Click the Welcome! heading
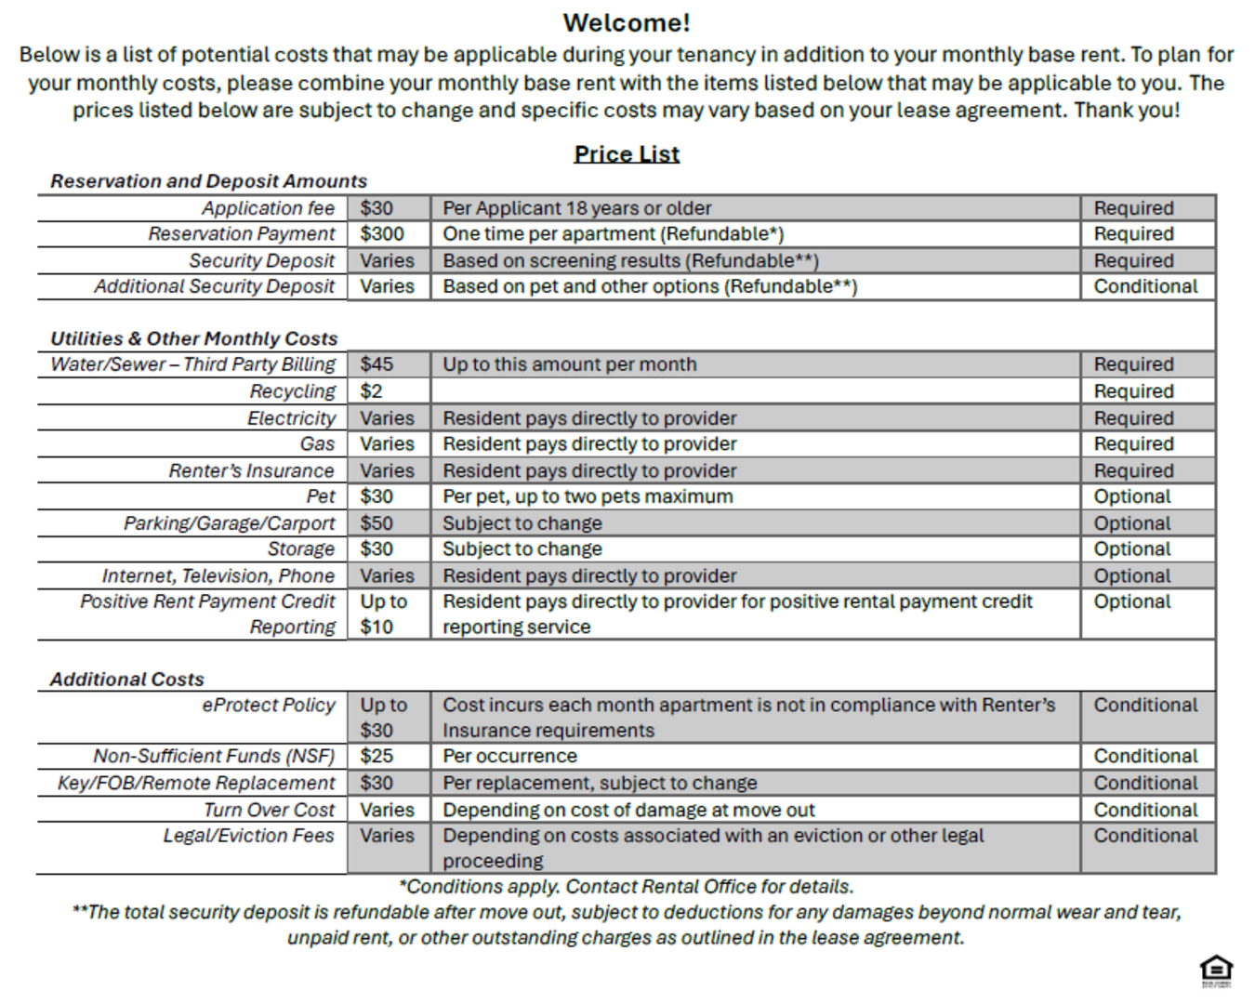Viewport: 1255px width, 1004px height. [x=627, y=22]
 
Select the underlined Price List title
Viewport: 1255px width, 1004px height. [x=627, y=154]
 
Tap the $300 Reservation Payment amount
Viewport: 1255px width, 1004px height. [x=382, y=234]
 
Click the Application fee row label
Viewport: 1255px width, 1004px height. [x=268, y=208]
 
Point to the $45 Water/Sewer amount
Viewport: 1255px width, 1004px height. [x=376, y=364]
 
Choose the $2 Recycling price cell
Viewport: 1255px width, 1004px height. [x=372, y=391]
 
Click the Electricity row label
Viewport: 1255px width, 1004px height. [x=291, y=418]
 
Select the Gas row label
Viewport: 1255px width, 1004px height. [x=317, y=444]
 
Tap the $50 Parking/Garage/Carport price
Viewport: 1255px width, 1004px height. [x=376, y=523]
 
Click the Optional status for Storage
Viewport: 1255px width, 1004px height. [x=1131, y=549]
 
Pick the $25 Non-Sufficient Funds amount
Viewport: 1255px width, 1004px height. [x=376, y=757]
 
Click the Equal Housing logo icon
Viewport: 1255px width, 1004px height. [x=1216, y=970]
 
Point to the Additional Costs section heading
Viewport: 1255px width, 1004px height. [x=127, y=680]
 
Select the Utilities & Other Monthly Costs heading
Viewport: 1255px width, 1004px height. [x=193, y=338]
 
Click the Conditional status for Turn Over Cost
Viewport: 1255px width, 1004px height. [x=1145, y=810]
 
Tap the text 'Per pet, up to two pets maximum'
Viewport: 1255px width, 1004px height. [x=588, y=497]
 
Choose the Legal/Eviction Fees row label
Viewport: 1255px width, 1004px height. [x=248, y=836]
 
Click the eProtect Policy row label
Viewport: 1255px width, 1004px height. [x=269, y=706]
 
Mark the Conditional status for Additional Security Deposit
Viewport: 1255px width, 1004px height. [x=1145, y=287]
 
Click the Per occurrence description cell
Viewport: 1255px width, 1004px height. [x=509, y=757]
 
